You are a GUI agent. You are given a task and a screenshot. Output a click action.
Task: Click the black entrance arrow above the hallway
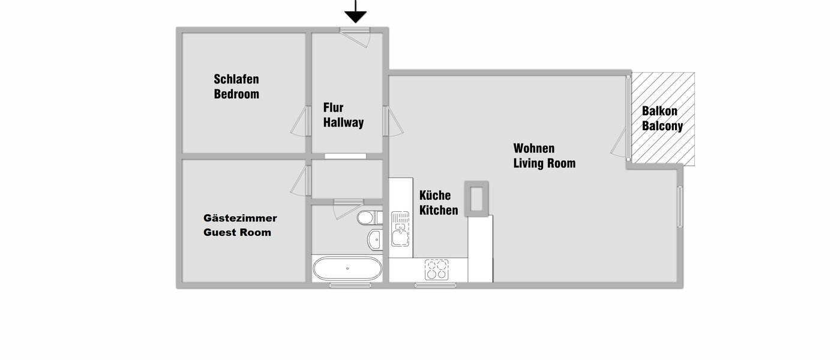356,13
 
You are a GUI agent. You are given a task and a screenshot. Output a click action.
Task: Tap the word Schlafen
236,79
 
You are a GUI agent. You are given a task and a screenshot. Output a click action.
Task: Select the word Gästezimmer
240,218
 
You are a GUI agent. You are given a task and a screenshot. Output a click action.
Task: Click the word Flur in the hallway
334,108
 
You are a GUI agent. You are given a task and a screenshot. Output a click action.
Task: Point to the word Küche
435,196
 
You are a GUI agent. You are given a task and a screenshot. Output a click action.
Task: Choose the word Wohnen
534,148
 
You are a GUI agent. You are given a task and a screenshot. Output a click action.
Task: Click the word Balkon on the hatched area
659,111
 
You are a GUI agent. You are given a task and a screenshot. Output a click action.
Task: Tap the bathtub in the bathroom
347,269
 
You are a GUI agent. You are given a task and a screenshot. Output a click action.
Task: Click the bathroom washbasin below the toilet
374,239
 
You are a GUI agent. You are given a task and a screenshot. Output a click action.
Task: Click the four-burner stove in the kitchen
437,269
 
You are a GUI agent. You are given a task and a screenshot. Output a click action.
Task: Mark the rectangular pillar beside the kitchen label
477,197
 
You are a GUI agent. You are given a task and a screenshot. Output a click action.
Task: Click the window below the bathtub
347,286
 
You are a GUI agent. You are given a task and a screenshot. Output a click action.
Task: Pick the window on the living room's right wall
680,207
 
